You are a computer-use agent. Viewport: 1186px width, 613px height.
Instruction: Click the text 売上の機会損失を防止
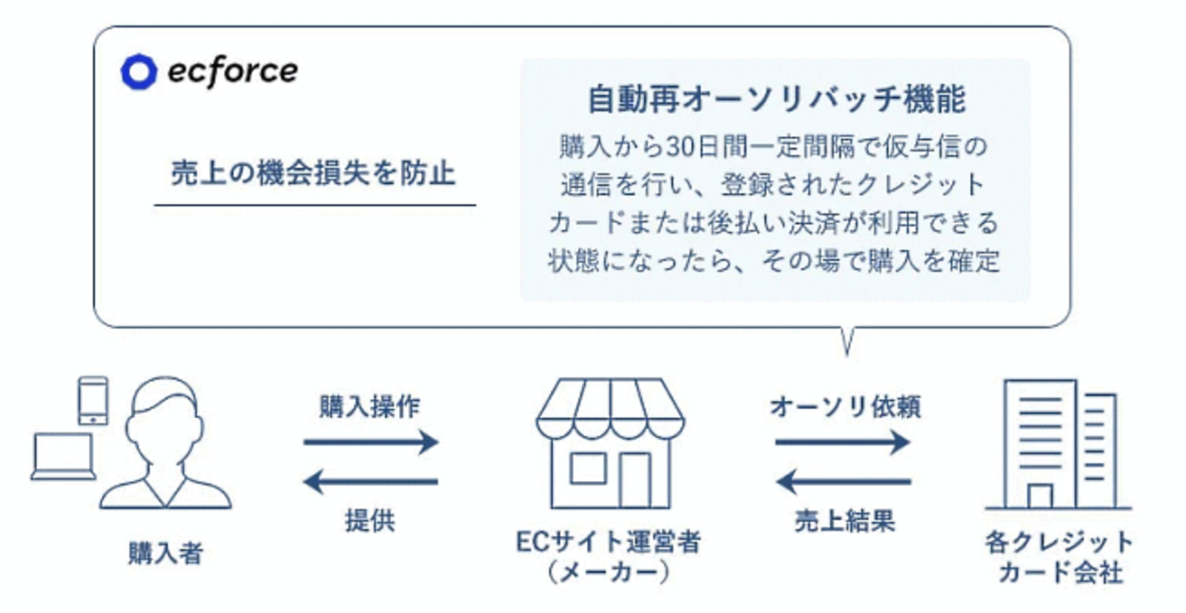coord(314,173)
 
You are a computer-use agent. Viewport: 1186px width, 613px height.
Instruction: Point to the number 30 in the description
coord(682,147)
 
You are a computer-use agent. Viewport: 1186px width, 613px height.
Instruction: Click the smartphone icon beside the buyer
coord(93,401)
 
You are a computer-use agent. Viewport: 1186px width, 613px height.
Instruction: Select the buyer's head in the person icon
coord(164,418)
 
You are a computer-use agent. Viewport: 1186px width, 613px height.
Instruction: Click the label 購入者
coord(166,554)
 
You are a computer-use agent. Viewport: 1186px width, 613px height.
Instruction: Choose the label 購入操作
coord(370,406)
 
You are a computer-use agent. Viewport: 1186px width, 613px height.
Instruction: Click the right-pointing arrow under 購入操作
coord(371,442)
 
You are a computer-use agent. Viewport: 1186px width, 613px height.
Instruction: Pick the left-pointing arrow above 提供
coord(371,482)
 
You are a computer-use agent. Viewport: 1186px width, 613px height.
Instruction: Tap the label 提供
coord(370,520)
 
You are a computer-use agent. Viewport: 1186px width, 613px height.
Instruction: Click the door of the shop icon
coord(635,480)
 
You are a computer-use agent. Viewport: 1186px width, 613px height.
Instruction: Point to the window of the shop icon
coord(588,468)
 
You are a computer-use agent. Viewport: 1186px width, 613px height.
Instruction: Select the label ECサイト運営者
coord(609,542)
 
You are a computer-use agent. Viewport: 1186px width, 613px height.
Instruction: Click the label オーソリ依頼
coord(845,406)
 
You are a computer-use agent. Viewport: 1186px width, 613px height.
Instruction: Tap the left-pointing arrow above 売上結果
coord(844,482)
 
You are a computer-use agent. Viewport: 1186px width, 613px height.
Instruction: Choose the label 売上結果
coord(845,520)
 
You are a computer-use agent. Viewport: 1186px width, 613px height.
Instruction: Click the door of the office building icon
coord(1040,496)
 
